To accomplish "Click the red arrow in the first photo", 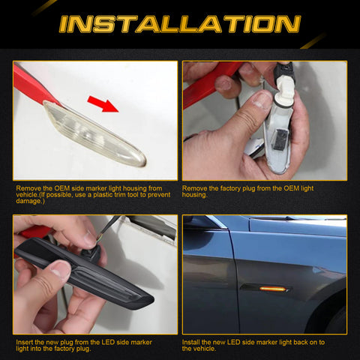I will pyautogui.click(x=104, y=102).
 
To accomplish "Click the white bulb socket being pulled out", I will pyautogui.click(x=283, y=84).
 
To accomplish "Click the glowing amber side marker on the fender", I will pyautogui.click(x=273, y=287).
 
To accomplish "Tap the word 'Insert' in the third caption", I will pyautogui.click(x=25, y=342).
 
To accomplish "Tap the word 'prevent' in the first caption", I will pyautogui.click(x=153, y=195).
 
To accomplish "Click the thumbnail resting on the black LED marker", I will pyautogui.click(x=58, y=270).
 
